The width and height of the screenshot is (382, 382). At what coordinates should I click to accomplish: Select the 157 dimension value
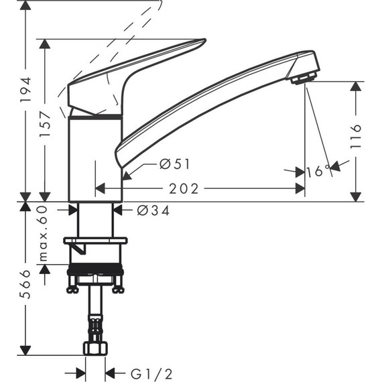(x=45, y=123)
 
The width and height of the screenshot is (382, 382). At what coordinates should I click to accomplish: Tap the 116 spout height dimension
(x=355, y=137)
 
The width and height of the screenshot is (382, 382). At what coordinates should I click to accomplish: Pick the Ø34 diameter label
(x=153, y=210)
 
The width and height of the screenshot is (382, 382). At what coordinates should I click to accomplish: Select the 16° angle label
(x=318, y=171)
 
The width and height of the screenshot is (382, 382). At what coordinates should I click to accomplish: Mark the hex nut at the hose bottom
(x=96, y=349)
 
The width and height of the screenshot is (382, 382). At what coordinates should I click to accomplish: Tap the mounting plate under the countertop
(x=95, y=241)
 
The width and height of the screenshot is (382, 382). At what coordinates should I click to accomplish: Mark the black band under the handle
(x=96, y=118)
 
